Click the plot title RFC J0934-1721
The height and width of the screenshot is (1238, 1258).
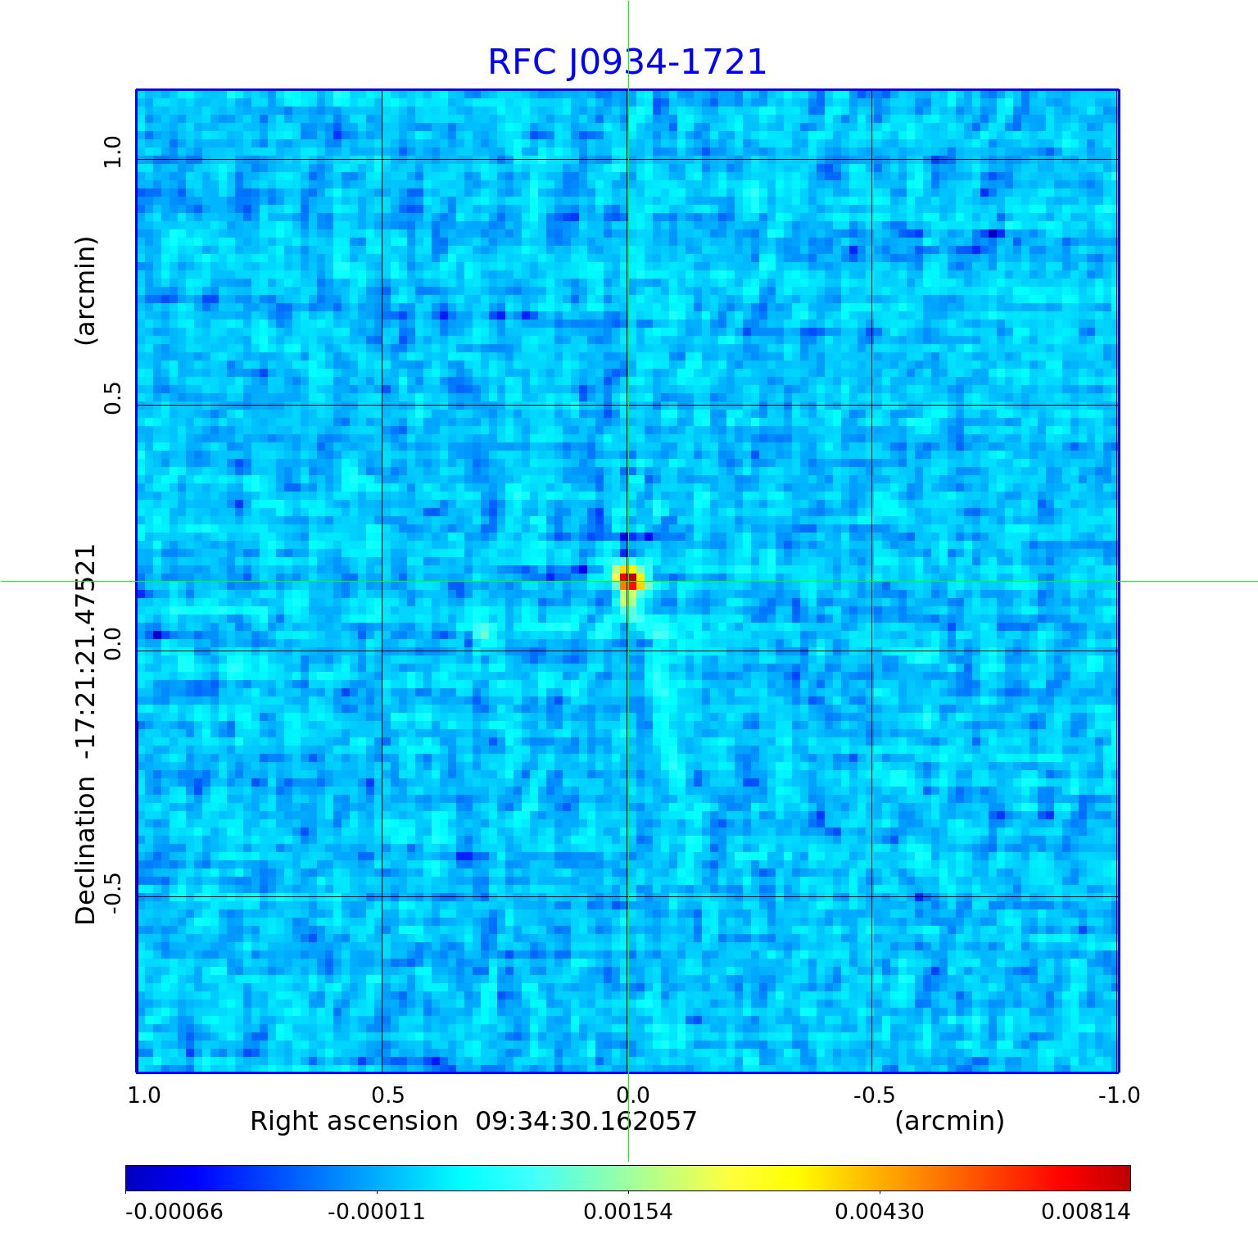pyautogui.click(x=627, y=62)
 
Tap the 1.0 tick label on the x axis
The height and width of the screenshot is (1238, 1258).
pyautogui.click(x=144, y=1095)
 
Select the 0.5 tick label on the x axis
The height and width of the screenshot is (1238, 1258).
pyautogui.click(x=388, y=1095)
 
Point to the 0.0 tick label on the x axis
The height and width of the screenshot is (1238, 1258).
pyautogui.click(x=632, y=1095)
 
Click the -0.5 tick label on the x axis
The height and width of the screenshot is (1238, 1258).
pyautogui.click(x=874, y=1095)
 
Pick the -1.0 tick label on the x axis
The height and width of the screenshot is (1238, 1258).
pyautogui.click(x=1119, y=1095)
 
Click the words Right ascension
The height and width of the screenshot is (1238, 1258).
pyautogui.click(x=354, y=1121)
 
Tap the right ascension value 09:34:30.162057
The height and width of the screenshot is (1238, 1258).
pyautogui.click(x=586, y=1121)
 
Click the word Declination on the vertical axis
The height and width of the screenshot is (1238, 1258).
pyautogui.click(x=85, y=850)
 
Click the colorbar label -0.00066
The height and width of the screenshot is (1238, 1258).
pyautogui.click(x=174, y=1211)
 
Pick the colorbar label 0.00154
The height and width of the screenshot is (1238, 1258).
pyautogui.click(x=628, y=1211)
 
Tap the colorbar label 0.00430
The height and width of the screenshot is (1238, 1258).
pyautogui.click(x=880, y=1211)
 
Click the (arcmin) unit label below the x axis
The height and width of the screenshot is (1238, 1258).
pyautogui.click(x=949, y=1121)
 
